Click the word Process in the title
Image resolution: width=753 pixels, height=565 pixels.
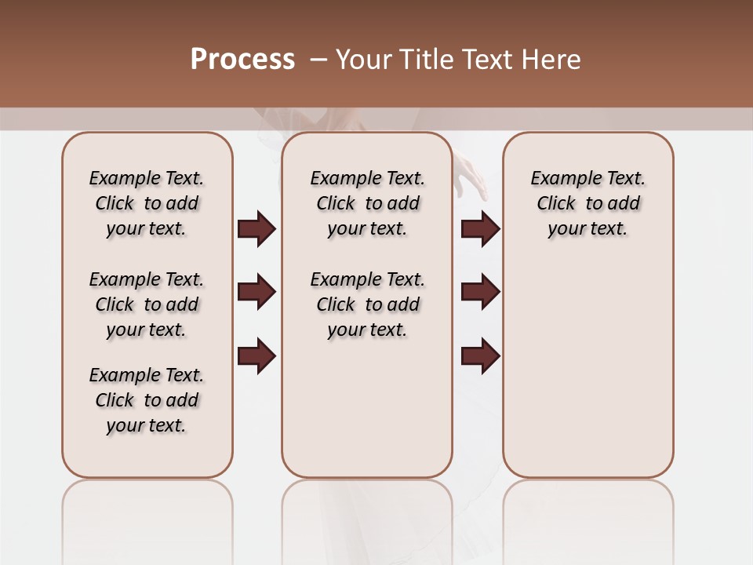click(242, 60)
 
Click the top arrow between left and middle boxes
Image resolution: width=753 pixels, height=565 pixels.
click(256, 229)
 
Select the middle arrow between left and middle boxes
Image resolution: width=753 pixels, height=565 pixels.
click(256, 293)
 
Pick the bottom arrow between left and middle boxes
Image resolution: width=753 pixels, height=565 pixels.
click(256, 355)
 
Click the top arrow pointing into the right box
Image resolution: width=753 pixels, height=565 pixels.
click(481, 229)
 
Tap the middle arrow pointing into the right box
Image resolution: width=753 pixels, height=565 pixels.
click(481, 293)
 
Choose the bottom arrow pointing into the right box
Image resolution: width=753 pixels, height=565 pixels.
click(481, 355)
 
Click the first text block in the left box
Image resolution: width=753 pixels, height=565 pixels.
click(147, 203)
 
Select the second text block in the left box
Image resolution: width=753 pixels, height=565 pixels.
click(147, 304)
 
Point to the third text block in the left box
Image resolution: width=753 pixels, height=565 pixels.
click(147, 400)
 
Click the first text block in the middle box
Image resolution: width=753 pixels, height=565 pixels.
click(368, 203)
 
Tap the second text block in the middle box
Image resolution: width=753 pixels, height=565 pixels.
click(368, 304)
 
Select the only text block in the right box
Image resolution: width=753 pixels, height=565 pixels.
click(588, 203)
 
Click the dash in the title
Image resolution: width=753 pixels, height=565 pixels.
click(318, 60)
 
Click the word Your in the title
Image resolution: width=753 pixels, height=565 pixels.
click(362, 60)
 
